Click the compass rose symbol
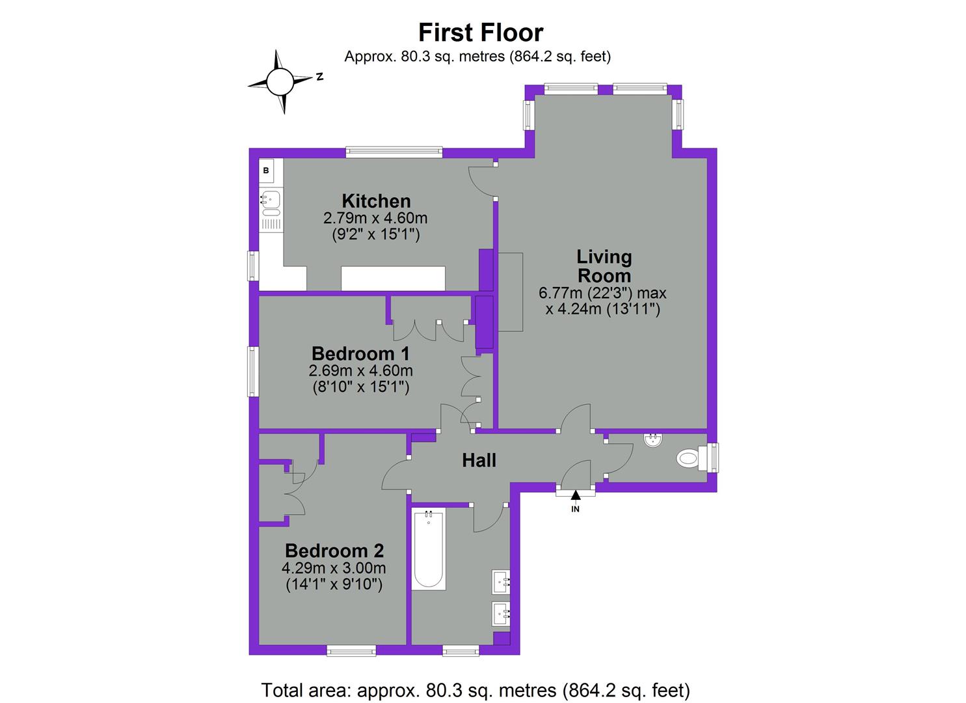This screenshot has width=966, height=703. [x=281, y=82]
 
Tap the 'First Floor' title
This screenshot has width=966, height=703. [x=480, y=32]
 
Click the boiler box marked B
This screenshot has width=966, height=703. [x=266, y=171]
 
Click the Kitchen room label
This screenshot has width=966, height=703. [x=376, y=200]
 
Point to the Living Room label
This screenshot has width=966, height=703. [x=604, y=266]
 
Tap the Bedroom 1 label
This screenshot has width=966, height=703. [x=360, y=353]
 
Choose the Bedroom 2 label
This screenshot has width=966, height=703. [x=334, y=551]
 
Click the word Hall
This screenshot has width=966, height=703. [x=479, y=460]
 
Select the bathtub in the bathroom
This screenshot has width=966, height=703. [x=429, y=550]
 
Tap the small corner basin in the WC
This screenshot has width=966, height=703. [x=652, y=441]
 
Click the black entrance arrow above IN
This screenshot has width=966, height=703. [x=575, y=495]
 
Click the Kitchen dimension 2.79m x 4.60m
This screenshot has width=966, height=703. [x=375, y=217]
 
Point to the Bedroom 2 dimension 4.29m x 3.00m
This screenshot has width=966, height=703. [x=334, y=568]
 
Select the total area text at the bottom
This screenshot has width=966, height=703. [x=475, y=689]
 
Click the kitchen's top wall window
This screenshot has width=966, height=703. [x=394, y=152]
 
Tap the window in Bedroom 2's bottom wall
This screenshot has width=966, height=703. [x=351, y=650]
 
